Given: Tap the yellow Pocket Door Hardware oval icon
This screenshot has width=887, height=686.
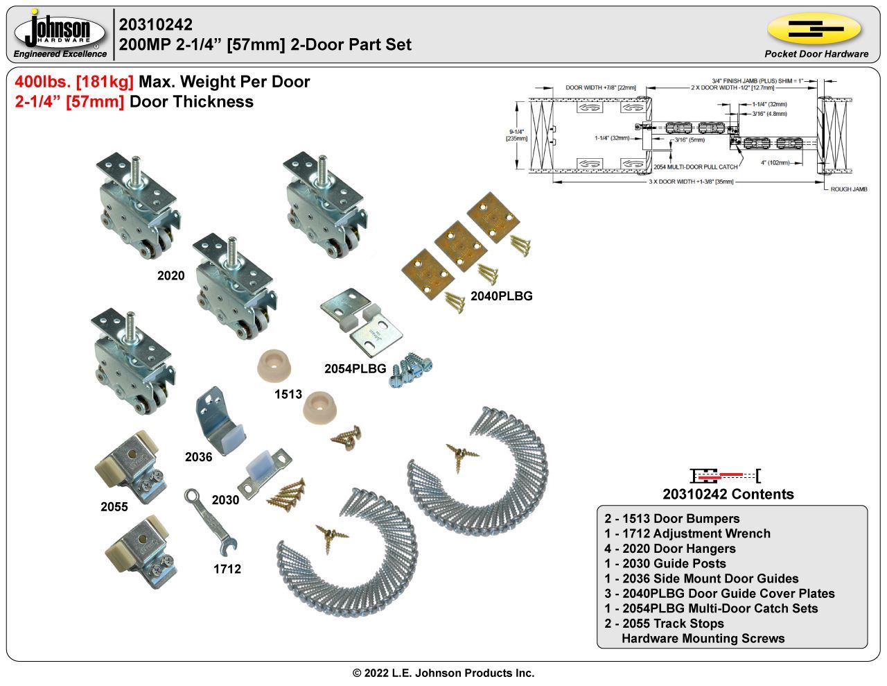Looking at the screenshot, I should coord(814,29).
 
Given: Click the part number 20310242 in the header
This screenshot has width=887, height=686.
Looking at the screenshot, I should coord(156,25).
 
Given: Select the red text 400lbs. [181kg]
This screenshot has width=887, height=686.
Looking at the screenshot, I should coord(74,82).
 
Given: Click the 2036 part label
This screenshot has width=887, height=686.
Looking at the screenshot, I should coord(198,457).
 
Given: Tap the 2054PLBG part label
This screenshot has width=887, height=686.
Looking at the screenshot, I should coord(355,369).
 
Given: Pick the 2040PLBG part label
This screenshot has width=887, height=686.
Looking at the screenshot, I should coord(501,296).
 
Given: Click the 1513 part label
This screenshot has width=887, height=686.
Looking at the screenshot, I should coord(288,395).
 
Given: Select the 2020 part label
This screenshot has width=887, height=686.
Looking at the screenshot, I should coord(170,276).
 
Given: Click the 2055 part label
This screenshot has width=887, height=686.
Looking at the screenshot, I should coord(114,507).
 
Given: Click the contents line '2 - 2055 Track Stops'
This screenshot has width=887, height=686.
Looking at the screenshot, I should coord(664,624).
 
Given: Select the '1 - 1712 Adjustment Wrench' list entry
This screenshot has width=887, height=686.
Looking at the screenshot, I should coord(687,533).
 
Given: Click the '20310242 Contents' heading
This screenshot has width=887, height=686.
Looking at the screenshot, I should coord(728,495).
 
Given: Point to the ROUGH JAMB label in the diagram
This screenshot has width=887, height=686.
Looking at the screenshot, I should coord(849,189).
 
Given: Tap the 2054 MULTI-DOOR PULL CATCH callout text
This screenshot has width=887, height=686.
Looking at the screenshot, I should coord(695,167).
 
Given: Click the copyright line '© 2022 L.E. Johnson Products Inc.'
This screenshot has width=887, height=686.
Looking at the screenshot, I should coord(443,673).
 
